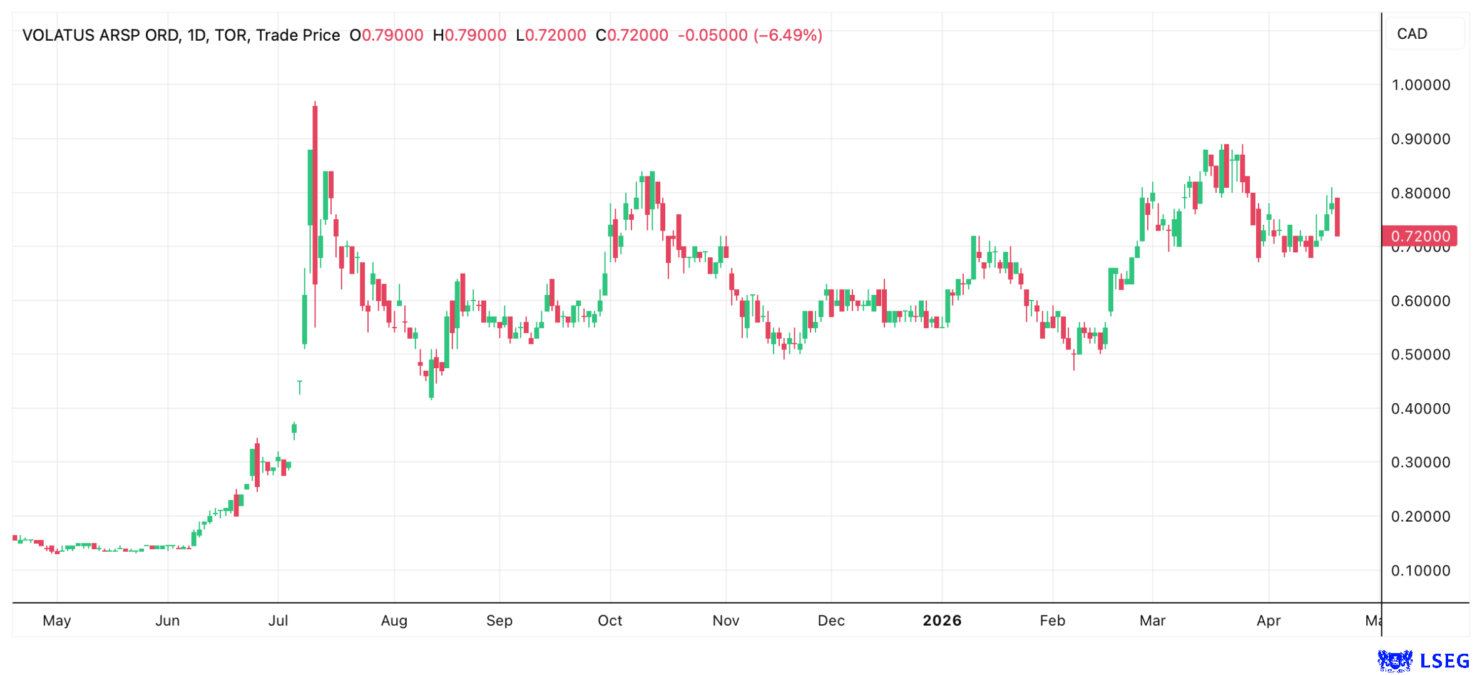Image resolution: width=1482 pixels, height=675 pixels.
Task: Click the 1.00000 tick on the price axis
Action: point(1420,85)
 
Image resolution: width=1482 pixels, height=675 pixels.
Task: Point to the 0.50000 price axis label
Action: point(1420,355)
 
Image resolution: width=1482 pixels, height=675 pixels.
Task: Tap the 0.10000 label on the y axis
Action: point(1420,571)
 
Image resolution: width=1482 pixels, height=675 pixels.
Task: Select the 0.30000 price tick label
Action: point(1420,463)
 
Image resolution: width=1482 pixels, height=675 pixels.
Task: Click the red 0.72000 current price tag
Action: point(1419,236)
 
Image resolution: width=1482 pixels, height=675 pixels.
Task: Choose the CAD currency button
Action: point(1412,34)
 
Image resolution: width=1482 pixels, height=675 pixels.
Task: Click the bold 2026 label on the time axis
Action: point(942,621)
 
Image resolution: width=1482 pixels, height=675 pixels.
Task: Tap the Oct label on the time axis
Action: point(610,621)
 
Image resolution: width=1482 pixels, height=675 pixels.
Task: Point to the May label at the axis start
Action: point(57,621)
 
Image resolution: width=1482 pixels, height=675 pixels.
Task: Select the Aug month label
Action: point(394,621)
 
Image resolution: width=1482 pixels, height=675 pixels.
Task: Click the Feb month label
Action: point(1052,621)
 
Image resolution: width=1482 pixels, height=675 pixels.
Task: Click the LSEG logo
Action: point(1424,661)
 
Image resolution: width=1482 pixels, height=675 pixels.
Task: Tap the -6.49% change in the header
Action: point(788,35)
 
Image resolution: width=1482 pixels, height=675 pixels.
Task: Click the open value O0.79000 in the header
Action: point(386,35)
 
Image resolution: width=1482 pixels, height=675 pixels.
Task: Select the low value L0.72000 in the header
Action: point(551,35)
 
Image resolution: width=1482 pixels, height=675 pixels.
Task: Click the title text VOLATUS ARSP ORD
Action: point(100,35)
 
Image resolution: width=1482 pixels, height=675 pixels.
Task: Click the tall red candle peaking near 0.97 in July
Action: point(315,194)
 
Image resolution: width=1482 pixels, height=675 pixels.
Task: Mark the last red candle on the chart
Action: point(1337,217)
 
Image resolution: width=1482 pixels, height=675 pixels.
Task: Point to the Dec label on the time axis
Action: point(831,621)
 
